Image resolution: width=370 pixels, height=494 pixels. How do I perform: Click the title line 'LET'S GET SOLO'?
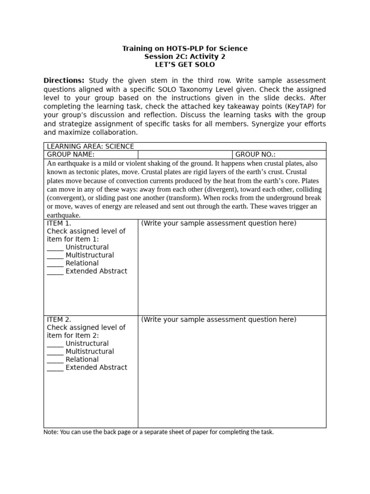(x=185, y=65)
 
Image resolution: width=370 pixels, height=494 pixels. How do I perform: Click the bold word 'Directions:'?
(x=64, y=81)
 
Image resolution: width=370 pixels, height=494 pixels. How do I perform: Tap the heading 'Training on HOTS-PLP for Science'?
(x=185, y=48)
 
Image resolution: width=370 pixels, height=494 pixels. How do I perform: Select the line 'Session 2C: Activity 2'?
(x=185, y=56)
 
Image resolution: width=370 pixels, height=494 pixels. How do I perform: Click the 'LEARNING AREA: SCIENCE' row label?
(x=90, y=146)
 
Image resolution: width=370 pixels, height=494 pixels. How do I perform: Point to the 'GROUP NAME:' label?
(x=70, y=154)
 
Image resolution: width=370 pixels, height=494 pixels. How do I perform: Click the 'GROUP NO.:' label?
(x=255, y=154)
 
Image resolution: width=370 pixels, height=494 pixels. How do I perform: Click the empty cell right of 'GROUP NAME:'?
(x=185, y=154)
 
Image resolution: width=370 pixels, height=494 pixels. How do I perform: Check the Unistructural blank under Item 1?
(x=55, y=248)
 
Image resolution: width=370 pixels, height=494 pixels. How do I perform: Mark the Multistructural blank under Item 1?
(x=55, y=256)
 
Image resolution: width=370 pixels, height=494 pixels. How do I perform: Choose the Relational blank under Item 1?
(x=55, y=264)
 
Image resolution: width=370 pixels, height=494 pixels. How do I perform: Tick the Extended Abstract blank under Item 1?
(x=55, y=272)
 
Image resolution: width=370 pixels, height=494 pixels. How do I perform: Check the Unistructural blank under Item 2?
(x=55, y=344)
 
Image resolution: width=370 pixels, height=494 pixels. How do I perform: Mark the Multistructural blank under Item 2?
(x=55, y=352)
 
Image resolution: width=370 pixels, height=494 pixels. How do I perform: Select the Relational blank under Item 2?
(x=55, y=360)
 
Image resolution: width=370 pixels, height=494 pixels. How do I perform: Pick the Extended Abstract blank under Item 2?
(x=55, y=368)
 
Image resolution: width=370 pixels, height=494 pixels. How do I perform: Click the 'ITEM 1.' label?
(x=59, y=223)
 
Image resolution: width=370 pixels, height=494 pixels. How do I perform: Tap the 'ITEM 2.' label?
(x=59, y=319)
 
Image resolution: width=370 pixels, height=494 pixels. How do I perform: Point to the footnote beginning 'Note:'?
(x=159, y=432)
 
